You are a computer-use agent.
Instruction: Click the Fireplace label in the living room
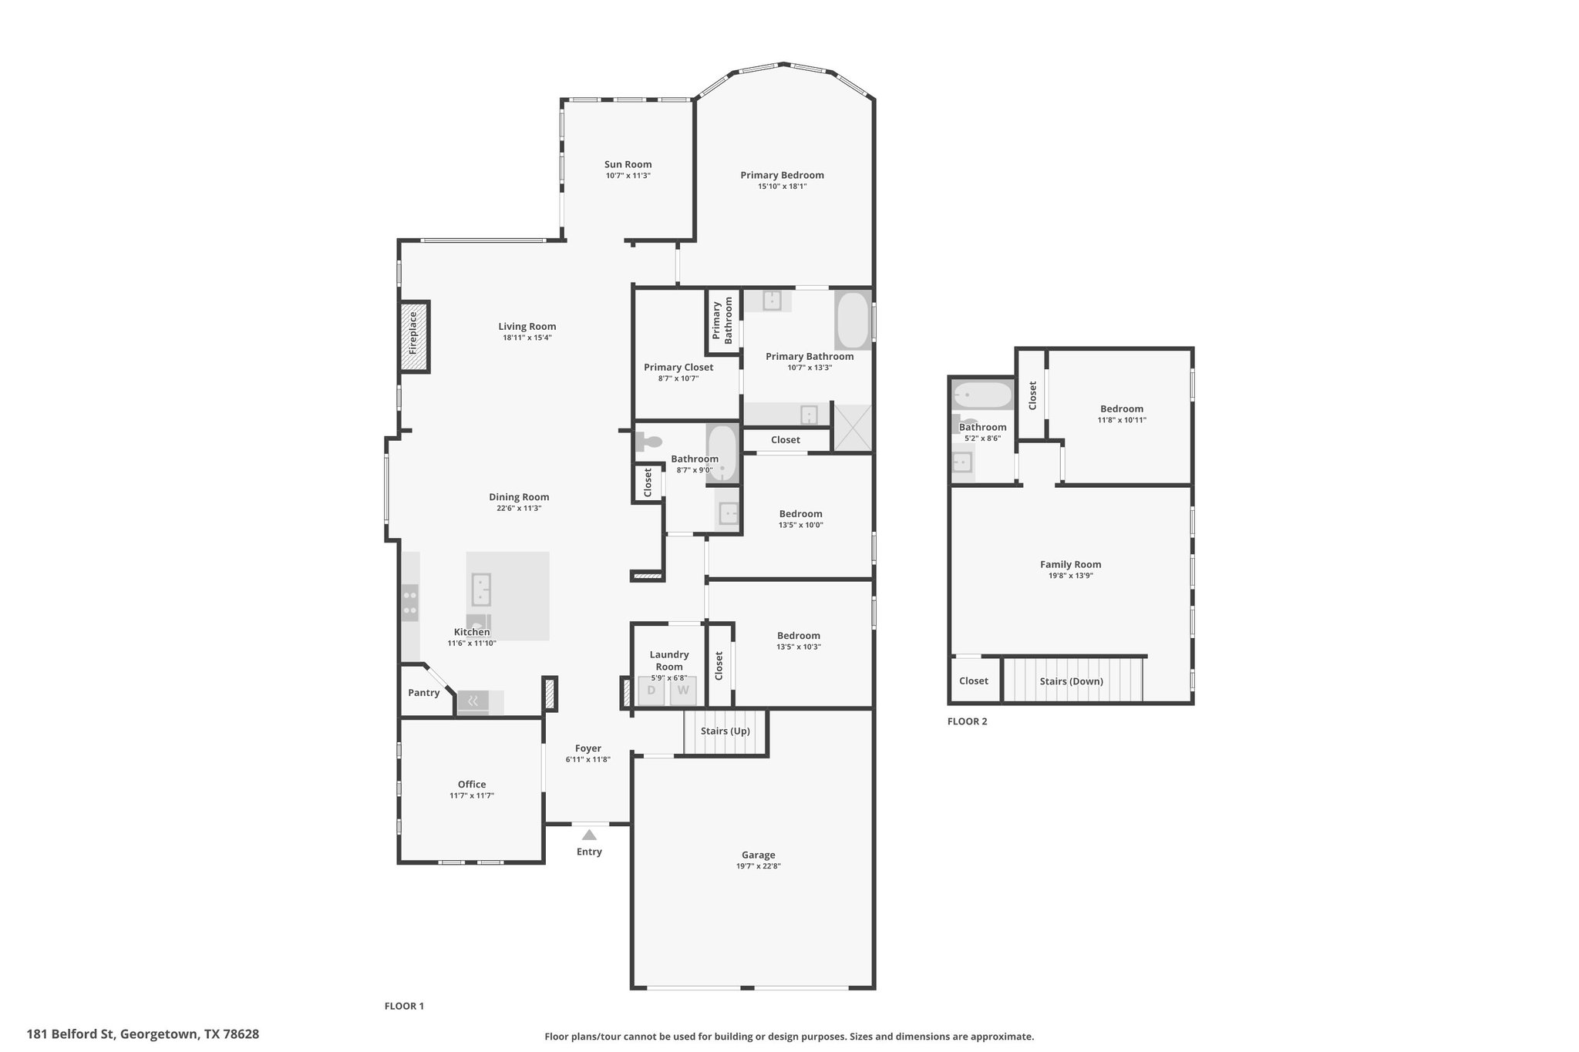click(x=412, y=332)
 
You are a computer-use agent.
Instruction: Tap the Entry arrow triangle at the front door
click(x=589, y=835)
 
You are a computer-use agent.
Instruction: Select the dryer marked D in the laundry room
click(x=651, y=691)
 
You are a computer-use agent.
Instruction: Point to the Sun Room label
click(x=628, y=164)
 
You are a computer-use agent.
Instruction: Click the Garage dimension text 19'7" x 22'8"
click(x=759, y=865)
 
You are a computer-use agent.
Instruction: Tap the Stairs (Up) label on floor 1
click(x=725, y=731)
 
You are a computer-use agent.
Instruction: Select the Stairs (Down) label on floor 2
click(x=1071, y=681)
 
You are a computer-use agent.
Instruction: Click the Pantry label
click(x=424, y=693)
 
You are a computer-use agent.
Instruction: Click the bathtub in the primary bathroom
click(x=853, y=320)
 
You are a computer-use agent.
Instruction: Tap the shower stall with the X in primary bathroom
click(x=852, y=427)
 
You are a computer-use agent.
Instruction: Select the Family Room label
click(x=1070, y=564)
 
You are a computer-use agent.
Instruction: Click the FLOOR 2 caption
click(x=967, y=721)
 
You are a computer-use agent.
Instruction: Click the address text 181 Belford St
click(x=70, y=1034)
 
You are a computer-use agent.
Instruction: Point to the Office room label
click(x=472, y=785)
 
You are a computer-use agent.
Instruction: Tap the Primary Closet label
click(x=678, y=367)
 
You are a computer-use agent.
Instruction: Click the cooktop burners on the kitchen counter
click(x=409, y=603)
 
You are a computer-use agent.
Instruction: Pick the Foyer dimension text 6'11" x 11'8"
click(x=587, y=759)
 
